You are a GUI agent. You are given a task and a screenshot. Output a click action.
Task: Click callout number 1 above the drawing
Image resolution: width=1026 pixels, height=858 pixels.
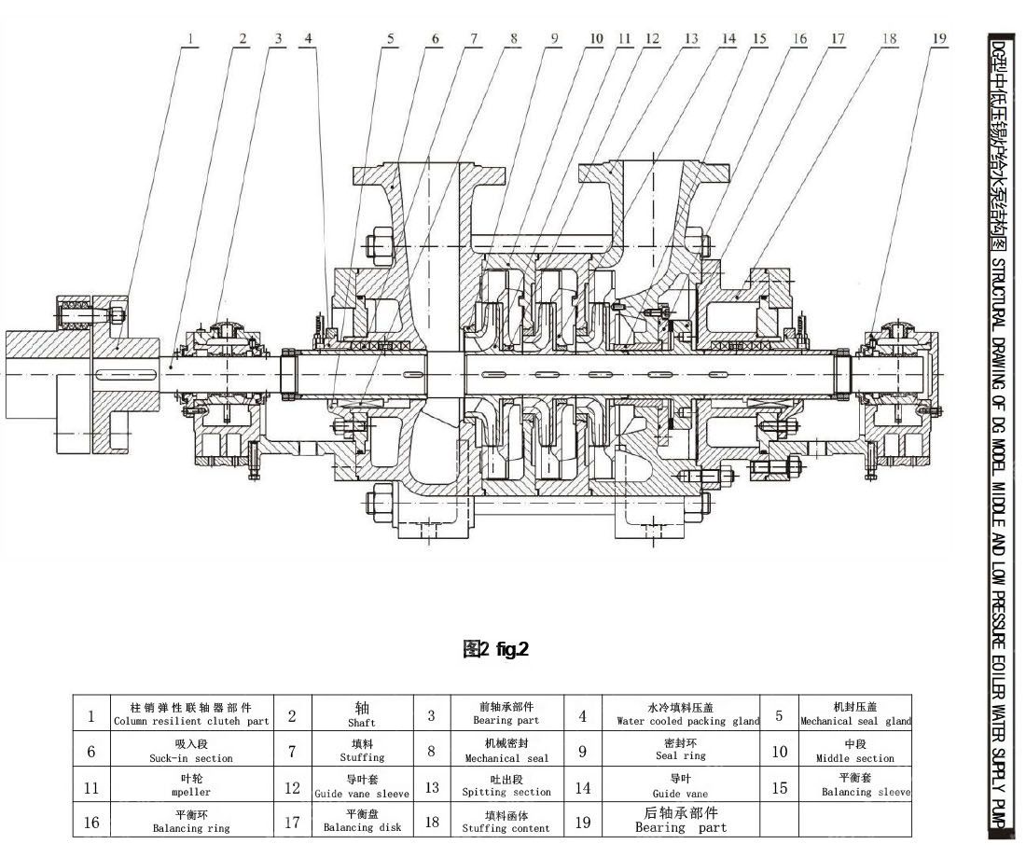tap(190, 38)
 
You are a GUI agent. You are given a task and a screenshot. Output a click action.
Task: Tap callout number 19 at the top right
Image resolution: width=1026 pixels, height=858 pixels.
tap(938, 38)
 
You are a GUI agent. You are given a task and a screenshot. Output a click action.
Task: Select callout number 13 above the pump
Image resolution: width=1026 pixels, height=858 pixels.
tap(690, 38)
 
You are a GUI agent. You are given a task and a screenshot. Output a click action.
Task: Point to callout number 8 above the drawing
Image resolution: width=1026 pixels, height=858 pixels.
tap(514, 38)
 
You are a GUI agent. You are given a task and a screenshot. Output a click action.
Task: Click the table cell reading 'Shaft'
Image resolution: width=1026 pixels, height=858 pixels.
tap(362, 715)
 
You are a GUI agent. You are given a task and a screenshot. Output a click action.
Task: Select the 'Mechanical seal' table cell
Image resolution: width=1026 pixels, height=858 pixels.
tap(506, 751)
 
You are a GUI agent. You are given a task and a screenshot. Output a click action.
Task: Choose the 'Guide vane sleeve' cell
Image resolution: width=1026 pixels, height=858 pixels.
tap(362, 786)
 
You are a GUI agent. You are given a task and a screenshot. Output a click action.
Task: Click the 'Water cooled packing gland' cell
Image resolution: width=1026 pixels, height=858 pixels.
tap(687, 715)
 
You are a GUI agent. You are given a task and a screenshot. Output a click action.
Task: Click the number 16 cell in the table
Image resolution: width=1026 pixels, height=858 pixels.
tap(91, 822)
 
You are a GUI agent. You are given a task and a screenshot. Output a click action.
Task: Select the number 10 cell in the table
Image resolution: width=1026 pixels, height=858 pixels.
tap(780, 751)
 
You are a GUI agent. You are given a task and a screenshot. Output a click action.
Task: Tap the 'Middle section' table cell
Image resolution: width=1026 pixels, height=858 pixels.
tap(855, 751)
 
